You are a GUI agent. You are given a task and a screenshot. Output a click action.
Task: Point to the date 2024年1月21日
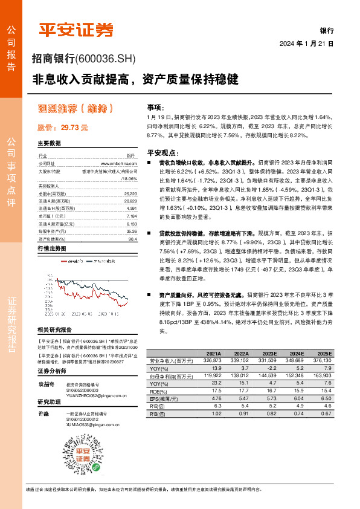(x=307, y=44)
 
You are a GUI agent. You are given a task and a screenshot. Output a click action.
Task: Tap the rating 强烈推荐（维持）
(x=76, y=109)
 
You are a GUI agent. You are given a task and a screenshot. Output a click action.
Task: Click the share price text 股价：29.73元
(x=63, y=128)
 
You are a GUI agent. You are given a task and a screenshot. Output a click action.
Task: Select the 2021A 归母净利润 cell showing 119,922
(x=210, y=375)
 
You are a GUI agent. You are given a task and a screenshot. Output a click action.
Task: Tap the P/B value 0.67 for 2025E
(x=327, y=413)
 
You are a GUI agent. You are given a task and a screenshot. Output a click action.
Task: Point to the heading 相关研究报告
(x=54, y=329)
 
